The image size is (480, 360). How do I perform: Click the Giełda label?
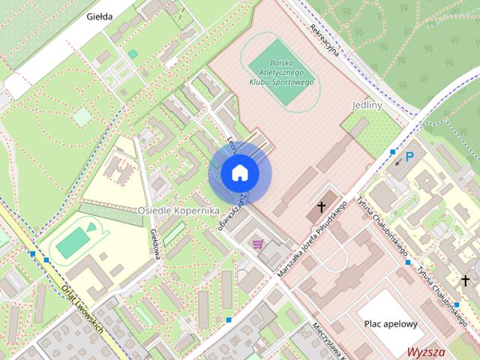[100, 16]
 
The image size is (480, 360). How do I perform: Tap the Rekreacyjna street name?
[327, 37]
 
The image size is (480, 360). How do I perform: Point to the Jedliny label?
[367, 106]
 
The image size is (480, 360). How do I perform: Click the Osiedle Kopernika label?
[178, 211]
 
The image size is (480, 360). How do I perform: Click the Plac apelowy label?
[391, 324]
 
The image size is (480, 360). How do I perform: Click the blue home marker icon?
[240, 173]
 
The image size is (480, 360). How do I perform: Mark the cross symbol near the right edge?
[466, 280]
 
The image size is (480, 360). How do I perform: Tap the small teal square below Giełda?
[133, 54]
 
